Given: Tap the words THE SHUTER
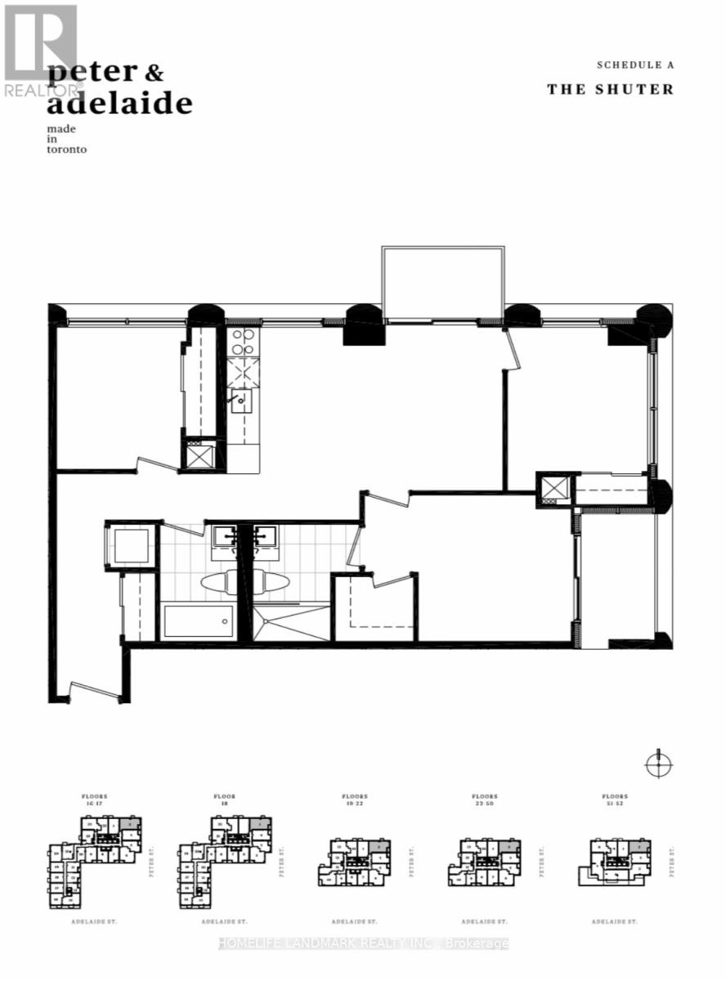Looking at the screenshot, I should coord(610,89).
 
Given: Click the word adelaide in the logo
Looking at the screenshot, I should coord(119,105).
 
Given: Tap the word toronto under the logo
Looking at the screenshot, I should coord(67,150).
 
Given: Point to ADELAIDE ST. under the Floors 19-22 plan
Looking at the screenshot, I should coord(354,921).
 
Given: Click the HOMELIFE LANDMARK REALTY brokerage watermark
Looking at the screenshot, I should coord(364,943).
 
